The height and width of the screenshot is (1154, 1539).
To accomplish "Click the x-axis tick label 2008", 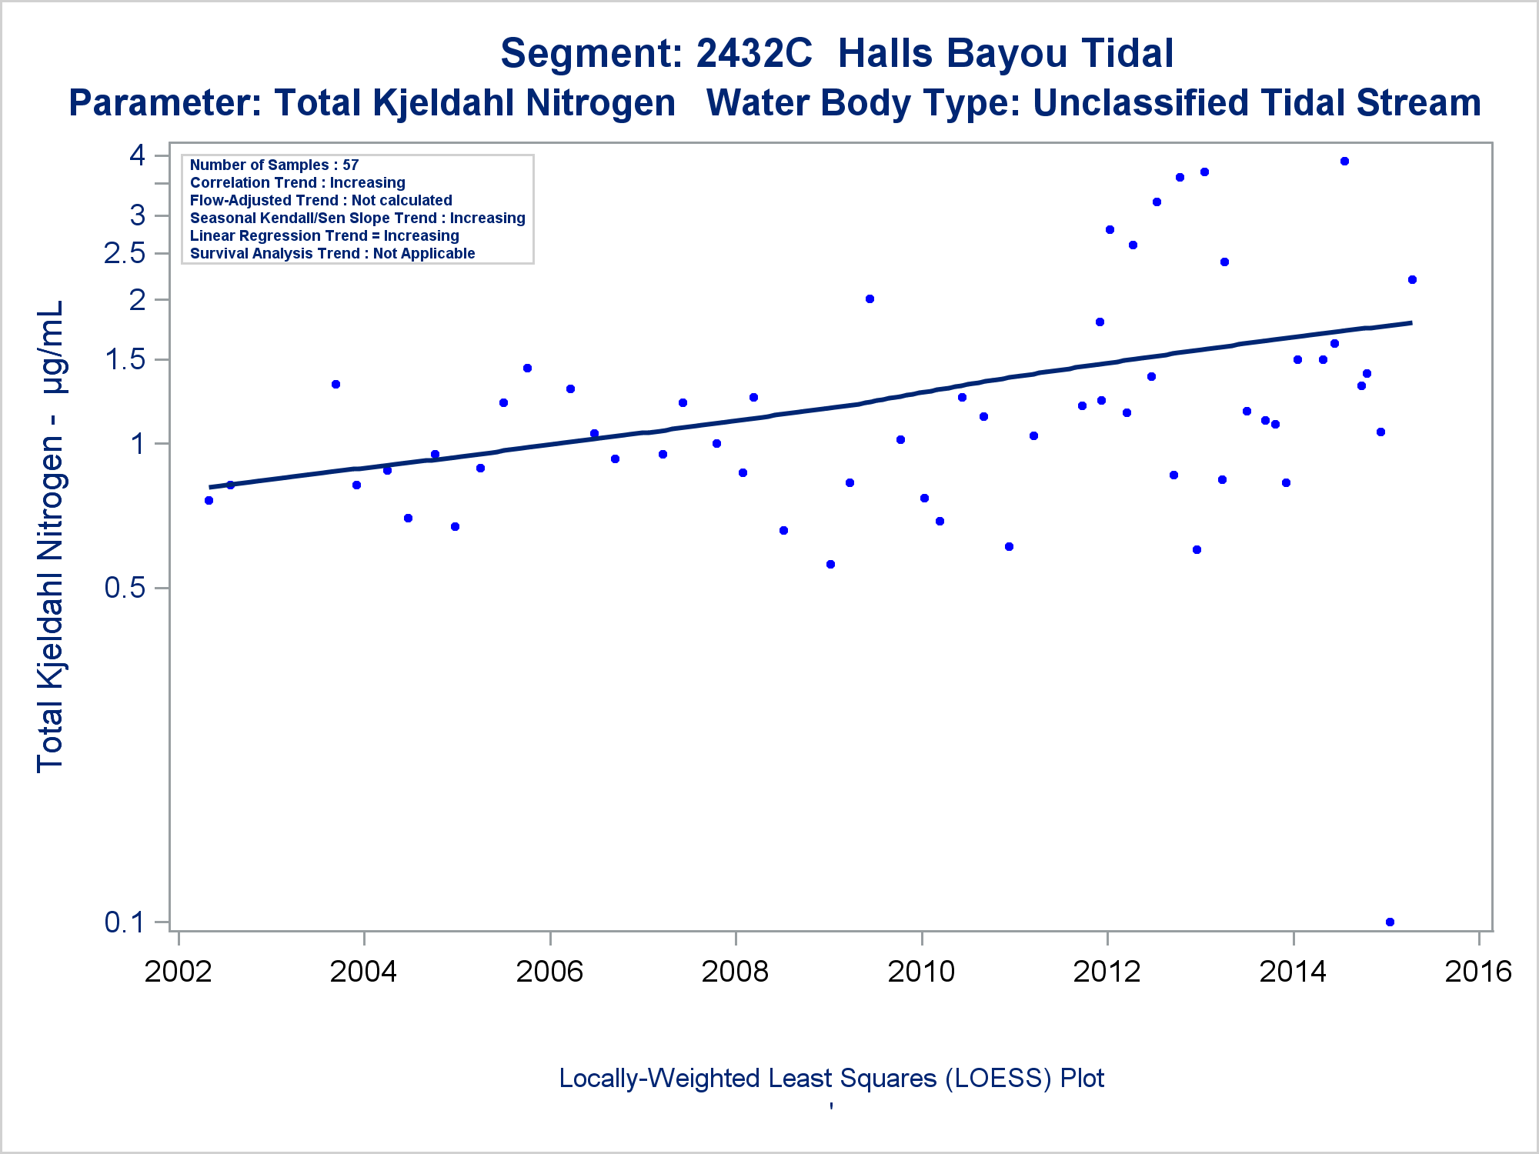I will pyautogui.click(x=735, y=972).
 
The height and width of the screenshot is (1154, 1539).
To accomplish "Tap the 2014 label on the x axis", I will pyautogui.click(x=1293, y=972).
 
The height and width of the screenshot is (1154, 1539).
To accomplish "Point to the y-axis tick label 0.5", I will pyautogui.click(x=125, y=588).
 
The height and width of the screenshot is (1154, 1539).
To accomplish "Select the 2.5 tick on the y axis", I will pyautogui.click(x=125, y=253).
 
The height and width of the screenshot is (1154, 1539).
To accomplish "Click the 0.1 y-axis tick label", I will pyautogui.click(x=125, y=922).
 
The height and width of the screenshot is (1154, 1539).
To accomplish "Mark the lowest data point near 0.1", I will pyautogui.click(x=1390, y=922).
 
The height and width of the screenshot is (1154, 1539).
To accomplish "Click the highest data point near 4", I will pyautogui.click(x=1344, y=162).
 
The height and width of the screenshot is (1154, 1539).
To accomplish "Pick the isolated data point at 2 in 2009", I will pyautogui.click(x=870, y=299).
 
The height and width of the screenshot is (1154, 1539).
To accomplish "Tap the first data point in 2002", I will pyautogui.click(x=209, y=500).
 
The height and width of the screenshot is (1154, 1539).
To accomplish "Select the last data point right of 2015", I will pyautogui.click(x=1412, y=279).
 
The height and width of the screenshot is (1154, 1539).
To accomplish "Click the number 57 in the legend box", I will pyautogui.click(x=351, y=165).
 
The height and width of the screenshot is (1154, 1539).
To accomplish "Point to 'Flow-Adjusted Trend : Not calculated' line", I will pyautogui.click(x=321, y=200).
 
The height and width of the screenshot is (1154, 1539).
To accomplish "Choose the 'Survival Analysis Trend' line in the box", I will pyautogui.click(x=332, y=253).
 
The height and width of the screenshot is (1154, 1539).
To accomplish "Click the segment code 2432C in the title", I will pyautogui.click(x=753, y=54).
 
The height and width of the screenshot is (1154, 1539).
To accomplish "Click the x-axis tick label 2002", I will pyautogui.click(x=178, y=972).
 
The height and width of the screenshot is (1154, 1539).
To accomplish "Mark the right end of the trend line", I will pyautogui.click(x=1410, y=322).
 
